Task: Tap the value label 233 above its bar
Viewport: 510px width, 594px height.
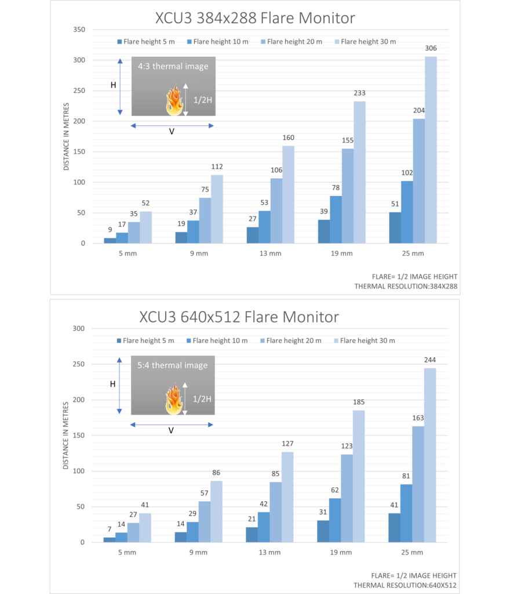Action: pos(359,93)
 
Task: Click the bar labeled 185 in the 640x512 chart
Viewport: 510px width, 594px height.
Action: pos(359,476)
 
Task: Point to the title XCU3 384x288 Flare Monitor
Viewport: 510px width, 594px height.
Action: pos(255,18)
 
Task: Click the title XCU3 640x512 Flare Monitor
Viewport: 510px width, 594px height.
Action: pos(239,317)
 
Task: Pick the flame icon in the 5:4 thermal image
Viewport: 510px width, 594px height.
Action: pos(173,399)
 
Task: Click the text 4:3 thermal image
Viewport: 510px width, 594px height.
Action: pos(173,66)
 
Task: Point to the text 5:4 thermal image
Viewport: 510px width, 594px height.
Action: pos(173,365)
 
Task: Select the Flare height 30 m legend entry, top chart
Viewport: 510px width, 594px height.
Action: pos(365,41)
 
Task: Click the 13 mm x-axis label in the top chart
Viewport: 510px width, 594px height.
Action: pos(270,253)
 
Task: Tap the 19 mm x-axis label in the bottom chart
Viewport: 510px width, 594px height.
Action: pos(341,552)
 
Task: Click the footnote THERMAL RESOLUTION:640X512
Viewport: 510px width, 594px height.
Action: pos(405,585)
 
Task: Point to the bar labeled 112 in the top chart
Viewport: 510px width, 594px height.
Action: pos(217,209)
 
